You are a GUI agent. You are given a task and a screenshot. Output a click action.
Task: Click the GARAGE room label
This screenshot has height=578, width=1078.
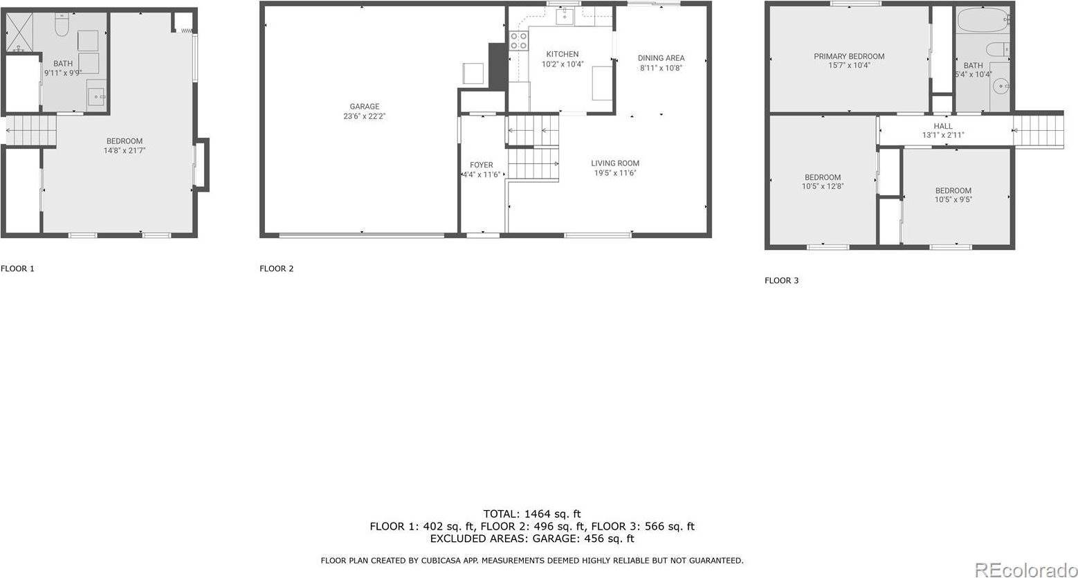364,107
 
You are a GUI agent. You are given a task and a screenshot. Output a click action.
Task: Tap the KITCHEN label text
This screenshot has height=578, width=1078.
562,54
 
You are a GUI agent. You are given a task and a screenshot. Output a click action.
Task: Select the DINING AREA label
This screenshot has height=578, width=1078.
661,58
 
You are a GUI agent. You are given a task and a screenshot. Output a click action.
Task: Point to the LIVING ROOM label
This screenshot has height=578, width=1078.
614,163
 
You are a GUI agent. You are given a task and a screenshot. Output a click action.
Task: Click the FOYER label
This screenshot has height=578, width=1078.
481,165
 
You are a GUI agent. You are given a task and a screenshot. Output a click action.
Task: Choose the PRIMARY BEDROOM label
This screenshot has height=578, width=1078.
848,57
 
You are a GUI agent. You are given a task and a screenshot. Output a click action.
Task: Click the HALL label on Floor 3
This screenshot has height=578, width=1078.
942,126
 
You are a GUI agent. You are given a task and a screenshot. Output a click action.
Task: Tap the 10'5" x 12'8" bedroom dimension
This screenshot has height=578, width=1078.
822,186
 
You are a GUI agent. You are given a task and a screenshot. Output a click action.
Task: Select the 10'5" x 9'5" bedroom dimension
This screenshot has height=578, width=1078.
953,199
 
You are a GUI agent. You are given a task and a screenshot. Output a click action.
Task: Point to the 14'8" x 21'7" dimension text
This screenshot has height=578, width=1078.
125,150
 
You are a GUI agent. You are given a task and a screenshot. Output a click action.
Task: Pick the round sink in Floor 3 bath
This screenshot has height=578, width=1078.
1001,87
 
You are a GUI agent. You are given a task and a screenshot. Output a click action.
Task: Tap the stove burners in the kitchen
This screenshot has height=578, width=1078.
518,41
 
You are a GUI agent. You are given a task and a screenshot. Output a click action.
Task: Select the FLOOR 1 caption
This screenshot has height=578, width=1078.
17,269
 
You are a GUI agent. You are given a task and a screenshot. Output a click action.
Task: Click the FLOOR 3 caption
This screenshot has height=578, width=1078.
781,280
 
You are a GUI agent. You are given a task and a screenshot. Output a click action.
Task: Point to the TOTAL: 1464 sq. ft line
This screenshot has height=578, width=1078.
531,514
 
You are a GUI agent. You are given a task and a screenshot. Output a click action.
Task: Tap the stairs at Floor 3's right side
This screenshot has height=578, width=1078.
1038,129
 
